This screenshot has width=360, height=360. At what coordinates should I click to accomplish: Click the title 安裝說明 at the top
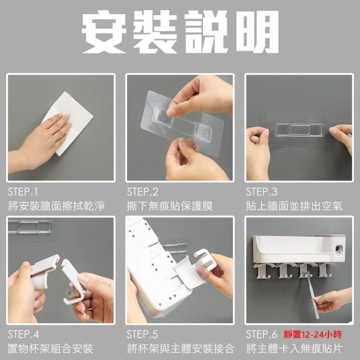(180, 32)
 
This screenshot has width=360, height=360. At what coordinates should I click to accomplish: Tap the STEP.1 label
(22, 192)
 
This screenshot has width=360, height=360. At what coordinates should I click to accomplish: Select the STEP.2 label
(142, 192)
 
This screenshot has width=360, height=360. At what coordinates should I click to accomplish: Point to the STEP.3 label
(262, 192)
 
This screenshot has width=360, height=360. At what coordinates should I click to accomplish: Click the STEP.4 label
(23, 334)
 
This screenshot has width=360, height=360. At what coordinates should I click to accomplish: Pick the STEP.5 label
(142, 334)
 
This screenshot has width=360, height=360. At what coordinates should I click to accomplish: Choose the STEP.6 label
(262, 334)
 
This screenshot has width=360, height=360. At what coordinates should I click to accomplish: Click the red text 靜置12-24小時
(313, 334)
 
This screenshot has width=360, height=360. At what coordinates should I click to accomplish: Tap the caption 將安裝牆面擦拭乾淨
(56, 206)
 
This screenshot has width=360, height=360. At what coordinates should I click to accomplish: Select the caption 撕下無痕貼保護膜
(170, 206)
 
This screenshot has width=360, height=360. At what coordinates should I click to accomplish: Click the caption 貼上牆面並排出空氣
(294, 206)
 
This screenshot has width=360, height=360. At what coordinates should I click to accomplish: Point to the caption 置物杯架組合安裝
(51, 348)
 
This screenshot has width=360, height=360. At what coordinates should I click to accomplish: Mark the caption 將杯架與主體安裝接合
(181, 348)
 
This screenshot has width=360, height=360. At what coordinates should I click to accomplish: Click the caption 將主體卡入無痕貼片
(294, 348)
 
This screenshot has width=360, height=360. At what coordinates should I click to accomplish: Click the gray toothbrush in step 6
(313, 296)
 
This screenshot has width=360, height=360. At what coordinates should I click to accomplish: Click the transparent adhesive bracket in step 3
(300, 130)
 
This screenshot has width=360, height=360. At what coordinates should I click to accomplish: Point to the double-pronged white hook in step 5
(205, 260)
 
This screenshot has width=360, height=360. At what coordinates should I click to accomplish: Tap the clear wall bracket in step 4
(30, 227)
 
